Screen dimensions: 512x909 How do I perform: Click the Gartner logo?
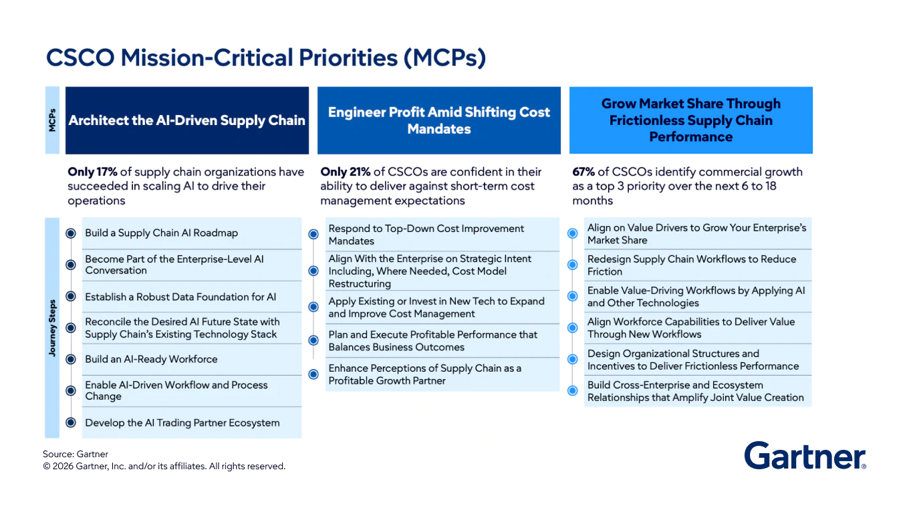(x=805, y=456)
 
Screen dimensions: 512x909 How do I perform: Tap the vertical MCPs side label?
(x=52, y=120)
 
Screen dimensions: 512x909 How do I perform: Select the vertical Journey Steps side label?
(x=52, y=328)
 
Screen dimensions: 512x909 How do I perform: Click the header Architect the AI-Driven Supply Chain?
(x=187, y=121)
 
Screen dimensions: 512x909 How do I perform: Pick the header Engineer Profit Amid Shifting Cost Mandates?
(x=439, y=120)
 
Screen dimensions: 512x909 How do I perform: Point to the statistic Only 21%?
(x=345, y=172)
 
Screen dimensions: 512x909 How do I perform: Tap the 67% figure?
(x=583, y=172)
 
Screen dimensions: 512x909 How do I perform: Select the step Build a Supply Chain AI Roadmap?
(x=161, y=233)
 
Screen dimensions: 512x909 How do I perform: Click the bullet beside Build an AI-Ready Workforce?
(x=71, y=360)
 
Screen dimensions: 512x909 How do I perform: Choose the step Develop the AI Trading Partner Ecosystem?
(x=182, y=422)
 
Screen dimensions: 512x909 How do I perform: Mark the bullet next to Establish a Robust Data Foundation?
(x=71, y=297)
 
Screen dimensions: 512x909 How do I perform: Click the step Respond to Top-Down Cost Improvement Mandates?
(x=426, y=235)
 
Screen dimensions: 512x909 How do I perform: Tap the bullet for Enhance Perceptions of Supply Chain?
(x=313, y=374)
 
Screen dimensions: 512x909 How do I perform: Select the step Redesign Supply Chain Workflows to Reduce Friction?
(x=691, y=265)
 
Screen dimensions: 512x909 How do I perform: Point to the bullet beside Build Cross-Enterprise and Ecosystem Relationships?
(x=573, y=391)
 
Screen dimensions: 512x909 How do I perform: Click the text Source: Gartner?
(x=76, y=455)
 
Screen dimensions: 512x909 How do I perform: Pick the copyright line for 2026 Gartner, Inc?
(x=164, y=467)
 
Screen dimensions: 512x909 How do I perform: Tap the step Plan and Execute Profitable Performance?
(x=432, y=341)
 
